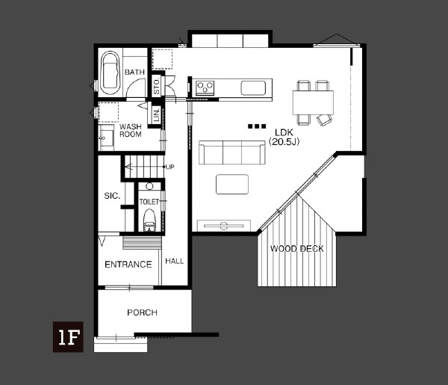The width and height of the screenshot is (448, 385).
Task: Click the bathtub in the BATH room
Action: click(111, 73)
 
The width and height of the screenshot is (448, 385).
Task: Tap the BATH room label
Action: click(134, 72)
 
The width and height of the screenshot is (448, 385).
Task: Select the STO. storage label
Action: click(156, 87)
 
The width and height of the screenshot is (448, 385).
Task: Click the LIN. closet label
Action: click(156, 114)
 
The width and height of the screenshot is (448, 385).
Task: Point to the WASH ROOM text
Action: click(131, 130)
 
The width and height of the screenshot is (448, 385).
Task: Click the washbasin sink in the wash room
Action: click(106, 138)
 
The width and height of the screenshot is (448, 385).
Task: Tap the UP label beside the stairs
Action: click(169, 167)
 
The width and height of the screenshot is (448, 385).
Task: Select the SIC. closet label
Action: click(112, 196)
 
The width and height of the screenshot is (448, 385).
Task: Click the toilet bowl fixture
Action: click(149, 220)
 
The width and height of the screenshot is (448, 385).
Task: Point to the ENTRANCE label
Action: click(128, 265)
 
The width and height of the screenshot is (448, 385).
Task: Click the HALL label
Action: click(174, 261)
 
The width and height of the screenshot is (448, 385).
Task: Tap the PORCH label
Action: click(143, 312)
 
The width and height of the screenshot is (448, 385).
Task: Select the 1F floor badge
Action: click(68, 336)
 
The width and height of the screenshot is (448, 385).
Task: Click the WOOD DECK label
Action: click(297, 248)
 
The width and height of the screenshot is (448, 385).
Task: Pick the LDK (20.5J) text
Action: click(284, 137)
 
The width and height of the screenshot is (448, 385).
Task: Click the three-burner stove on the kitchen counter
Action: click(205, 87)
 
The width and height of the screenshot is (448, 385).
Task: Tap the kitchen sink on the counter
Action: click(253, 87)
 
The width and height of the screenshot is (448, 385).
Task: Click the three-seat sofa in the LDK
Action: click(232, 153)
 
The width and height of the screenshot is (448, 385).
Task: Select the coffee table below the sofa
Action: click(232, 184)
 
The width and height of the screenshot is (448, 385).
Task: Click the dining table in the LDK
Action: click(313, 102)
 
